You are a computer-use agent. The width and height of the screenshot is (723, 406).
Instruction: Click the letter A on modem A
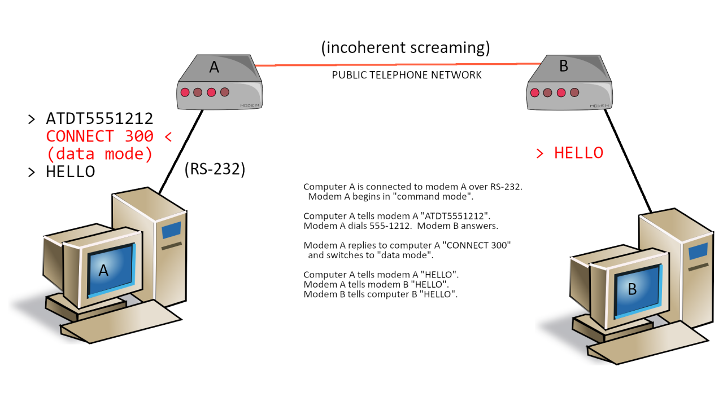pos(214,67)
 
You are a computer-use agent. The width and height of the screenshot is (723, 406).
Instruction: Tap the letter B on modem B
pos(563,66)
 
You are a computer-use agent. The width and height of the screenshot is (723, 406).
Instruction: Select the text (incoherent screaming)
pos(406,48)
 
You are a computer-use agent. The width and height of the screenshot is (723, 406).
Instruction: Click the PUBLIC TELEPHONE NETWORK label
pos(407,75)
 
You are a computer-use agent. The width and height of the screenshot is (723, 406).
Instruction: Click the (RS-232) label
pos(215,169)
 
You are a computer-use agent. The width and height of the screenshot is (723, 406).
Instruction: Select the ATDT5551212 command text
pos(99,119)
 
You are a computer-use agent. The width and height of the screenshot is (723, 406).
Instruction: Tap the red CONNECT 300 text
pos(99,136)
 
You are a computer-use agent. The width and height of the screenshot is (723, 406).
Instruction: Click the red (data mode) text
pos(99,154)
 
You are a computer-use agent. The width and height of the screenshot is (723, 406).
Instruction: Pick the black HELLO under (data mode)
pos(70,172)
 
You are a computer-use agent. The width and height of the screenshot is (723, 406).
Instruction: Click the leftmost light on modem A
pos(184,92)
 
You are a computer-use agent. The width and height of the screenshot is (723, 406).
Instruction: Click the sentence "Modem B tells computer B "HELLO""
pos(380,294)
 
